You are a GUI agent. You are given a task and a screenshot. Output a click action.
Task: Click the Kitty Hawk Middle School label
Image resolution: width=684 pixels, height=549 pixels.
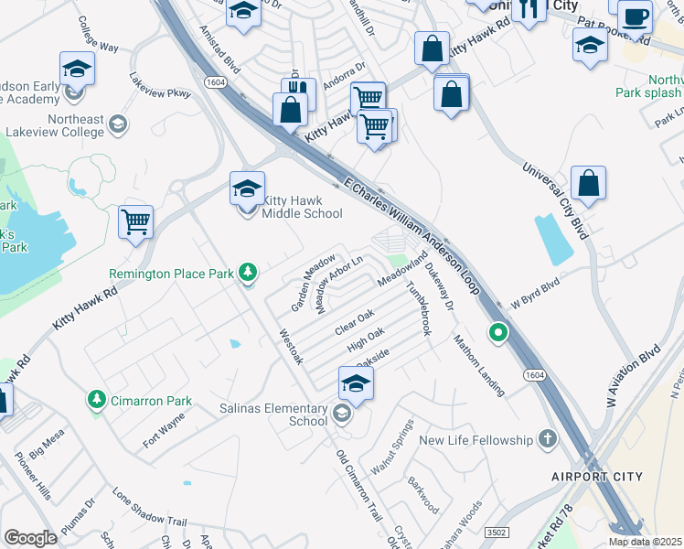pos(302,207)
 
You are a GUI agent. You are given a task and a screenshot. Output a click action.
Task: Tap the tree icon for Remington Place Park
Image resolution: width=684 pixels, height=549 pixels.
pos(247,272)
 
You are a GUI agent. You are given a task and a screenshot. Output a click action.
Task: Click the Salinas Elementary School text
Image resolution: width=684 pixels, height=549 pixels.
pos(283,414)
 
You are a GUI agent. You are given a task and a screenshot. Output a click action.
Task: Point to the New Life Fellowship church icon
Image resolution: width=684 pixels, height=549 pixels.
pos(548,440)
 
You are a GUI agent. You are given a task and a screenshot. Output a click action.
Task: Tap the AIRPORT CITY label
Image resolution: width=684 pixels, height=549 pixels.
pos(596,477)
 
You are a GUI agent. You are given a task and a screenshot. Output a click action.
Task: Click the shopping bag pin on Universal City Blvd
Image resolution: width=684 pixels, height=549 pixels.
pos(590,183)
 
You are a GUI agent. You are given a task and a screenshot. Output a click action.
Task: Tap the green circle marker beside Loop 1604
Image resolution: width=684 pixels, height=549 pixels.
pos(497,332)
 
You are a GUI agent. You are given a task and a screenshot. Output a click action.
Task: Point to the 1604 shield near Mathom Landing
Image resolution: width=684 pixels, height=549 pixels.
pos(536,375)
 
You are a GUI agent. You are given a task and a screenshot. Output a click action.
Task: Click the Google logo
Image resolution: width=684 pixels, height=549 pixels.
pos(30,537)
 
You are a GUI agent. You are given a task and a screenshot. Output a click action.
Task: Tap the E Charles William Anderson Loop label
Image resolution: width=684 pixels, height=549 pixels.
pos(411,233)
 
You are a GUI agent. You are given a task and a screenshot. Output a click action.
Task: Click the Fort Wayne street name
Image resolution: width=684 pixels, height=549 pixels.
pos(164,430)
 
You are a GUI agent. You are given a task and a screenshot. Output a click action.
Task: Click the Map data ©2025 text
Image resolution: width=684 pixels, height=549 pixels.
pos(644,542)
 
